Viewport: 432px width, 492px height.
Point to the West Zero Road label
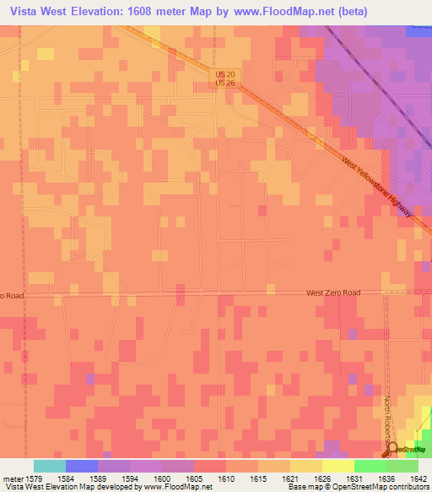point(332,292)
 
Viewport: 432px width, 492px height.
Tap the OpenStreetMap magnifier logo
point(391,448)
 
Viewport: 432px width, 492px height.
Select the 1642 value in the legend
point(410,478)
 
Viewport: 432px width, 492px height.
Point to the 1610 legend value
point(226,478)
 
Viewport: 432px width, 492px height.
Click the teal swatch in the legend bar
point(49,466)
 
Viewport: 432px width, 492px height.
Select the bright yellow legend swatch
point(337,466)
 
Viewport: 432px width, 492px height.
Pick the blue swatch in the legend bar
point(81,466)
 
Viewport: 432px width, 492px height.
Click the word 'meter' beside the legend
point(11,478)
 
